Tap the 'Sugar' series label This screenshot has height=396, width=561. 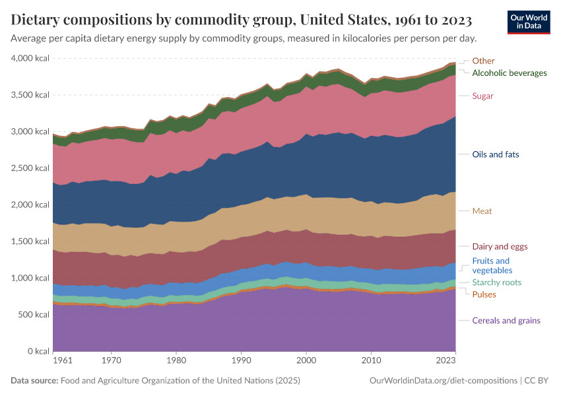482,96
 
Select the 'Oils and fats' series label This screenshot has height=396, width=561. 496,154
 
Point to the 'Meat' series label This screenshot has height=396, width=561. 482,211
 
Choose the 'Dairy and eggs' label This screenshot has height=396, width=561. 500,247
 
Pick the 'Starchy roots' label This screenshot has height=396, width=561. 497,282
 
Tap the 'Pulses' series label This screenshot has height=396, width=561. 484,294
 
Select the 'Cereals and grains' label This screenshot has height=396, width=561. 506,321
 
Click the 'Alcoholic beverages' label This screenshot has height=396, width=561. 510,73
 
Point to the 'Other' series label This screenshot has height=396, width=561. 483,61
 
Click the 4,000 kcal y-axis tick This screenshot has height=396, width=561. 30,59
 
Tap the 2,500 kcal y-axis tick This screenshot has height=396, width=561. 30,168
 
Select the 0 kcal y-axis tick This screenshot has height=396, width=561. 37,351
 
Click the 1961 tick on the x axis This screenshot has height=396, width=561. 62,361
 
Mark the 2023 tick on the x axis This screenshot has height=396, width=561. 445,361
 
